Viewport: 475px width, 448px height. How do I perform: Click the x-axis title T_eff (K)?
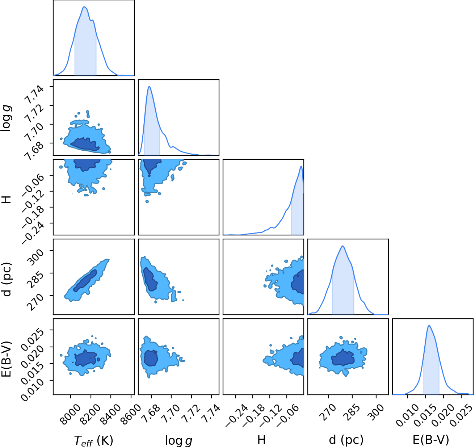[x=93, y=440]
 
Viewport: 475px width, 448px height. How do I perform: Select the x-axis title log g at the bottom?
[x=178, y=441]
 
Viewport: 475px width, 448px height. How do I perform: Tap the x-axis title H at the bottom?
[x=261, y=440]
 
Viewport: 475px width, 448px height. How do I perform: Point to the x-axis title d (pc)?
[x=346, y=440]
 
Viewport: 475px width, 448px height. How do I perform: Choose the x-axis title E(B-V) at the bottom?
[x=431, y=440]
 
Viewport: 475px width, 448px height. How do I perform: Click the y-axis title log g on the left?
[x=7, y=118]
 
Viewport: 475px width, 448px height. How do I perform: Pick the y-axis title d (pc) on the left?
[x=7, y=279]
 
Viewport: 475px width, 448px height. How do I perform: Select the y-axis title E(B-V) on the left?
[x=7, y=359]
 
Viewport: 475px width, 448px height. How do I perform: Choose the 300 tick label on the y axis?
[x=36, y=257]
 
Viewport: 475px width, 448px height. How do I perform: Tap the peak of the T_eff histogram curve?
[x=84, y=7]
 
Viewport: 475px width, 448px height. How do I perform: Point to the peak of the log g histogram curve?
[x=149, y=87]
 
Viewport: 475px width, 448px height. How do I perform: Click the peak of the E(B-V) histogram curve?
[x=429, y=326]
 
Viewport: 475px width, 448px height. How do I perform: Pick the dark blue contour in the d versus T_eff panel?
[x=85, y=280]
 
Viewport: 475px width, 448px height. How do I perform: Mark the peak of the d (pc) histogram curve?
[x=343, y=246]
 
